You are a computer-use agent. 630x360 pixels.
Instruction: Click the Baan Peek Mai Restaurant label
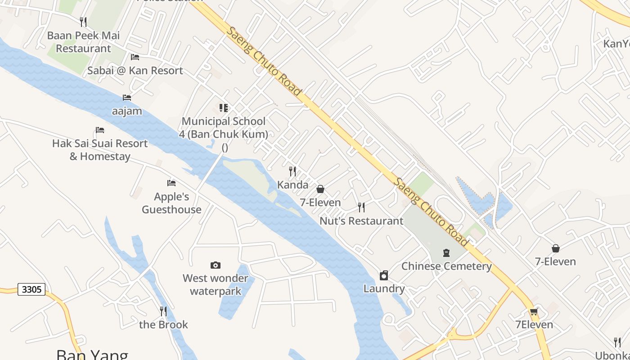[x=83, y=42]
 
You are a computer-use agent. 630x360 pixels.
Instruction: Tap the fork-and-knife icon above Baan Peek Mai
[x=83, y=22]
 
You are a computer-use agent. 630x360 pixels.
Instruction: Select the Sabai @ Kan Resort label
[x=135, y=70]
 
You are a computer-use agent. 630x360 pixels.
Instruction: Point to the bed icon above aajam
[x=127, y=97]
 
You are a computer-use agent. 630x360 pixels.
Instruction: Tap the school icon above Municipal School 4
[x=224, y=108]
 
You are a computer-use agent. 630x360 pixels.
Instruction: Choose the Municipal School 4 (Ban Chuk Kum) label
[x=224, y=128]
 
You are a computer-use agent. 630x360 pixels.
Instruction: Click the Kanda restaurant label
[x=293, y=184]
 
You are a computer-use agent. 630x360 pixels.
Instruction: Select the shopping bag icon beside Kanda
[x=320, y=189]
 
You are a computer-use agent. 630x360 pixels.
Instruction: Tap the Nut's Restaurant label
[x=361, y=221]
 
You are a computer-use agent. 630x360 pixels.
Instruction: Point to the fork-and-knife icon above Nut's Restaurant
[x=361, y=207]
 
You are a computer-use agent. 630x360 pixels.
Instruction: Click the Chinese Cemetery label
[x=446, y=266]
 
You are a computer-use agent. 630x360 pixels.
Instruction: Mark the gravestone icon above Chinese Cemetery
[x=446, y=253]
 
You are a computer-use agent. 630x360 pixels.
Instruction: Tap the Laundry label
[x=384, y=288]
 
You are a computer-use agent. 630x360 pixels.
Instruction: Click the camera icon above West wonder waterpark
[x=216, y=265]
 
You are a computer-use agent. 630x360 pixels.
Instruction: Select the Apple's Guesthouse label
[x=171, y=203]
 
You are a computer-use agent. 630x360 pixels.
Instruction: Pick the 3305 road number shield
[x=32, y=289]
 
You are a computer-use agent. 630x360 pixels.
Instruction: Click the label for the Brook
[x=163, y=324]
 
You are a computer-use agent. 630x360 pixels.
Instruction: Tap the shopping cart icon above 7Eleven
[x=534, y=311]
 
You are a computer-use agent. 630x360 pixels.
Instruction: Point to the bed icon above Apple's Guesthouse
[x=171, y=183]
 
